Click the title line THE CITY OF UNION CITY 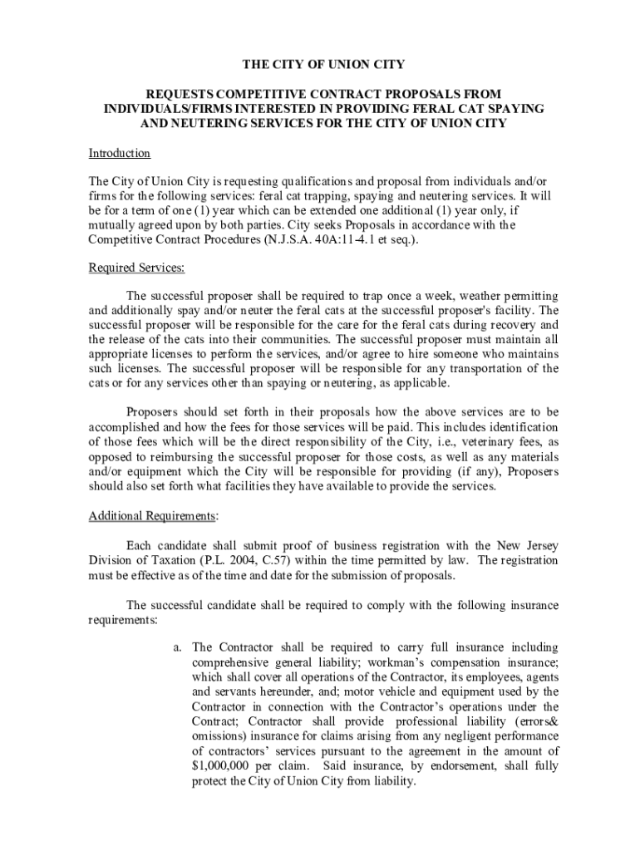pos(323,64)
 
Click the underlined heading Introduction pos(120,153)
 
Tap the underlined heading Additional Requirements pos(152,515)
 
